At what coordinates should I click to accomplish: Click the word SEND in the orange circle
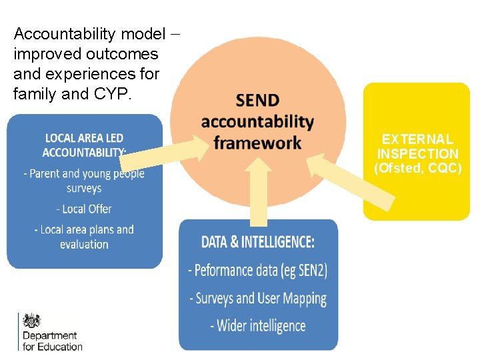point(257,101)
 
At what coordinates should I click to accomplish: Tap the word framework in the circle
point(257,143)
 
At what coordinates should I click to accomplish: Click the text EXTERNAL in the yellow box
point(417,139)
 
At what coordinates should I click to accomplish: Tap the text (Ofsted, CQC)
point(417,168)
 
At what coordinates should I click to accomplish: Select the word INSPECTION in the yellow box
point(417,153)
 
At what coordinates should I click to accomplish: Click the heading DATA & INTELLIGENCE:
point(258,241)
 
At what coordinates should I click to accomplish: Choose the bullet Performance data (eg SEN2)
point(258,271)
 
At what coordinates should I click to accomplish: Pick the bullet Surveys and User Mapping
point(258,298)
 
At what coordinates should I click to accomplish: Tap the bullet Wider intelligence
point(258,326)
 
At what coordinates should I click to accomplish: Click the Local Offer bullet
point(83,209)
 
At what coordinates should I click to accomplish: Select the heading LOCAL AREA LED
point(84,138)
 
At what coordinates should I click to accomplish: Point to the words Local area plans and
point(84,229)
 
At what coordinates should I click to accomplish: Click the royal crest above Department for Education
point(31,320)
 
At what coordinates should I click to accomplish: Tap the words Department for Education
point(52,341)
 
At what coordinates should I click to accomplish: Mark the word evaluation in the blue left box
point(84,244)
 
